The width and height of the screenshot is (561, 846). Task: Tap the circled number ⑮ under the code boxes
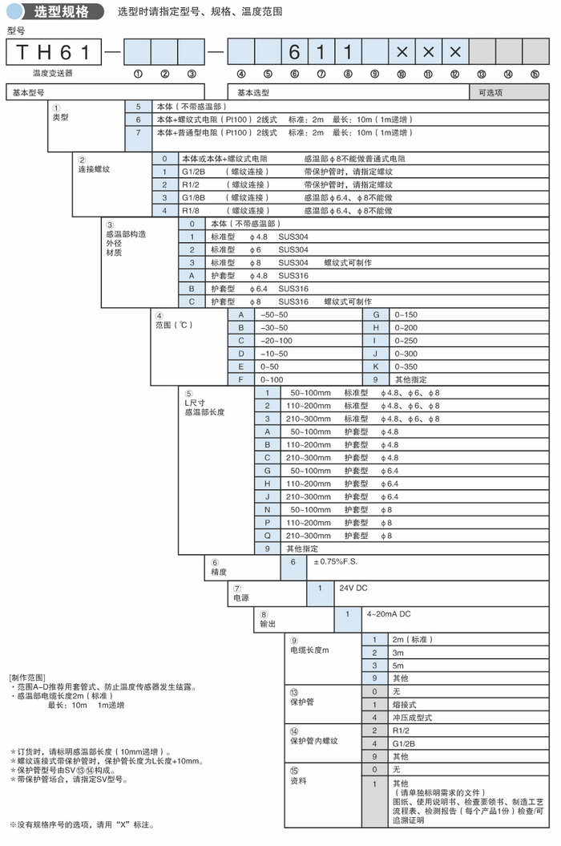pos(535,74)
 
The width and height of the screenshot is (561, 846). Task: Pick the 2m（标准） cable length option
pos(411,639)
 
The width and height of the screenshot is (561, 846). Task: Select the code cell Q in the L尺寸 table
pos(268,535)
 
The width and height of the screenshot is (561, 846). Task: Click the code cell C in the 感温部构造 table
pos(192,302)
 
